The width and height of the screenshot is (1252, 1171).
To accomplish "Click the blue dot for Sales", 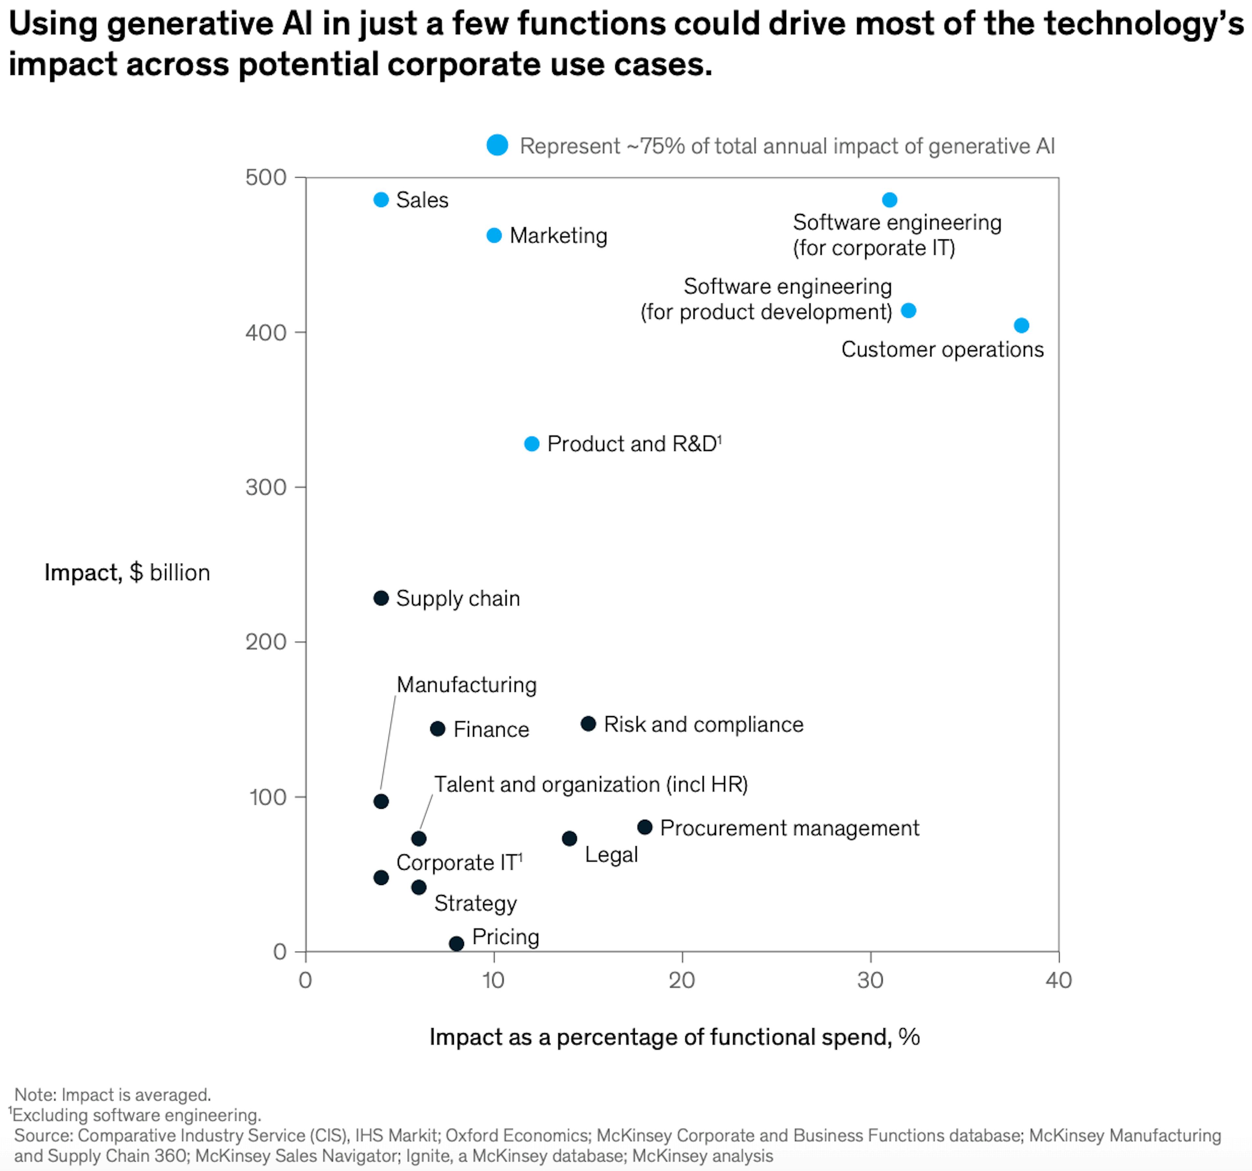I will [x=381, y=200].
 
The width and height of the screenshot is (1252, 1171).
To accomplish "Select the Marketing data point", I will [x=494, y=235].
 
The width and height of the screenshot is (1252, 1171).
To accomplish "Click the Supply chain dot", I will [x=381, y=598].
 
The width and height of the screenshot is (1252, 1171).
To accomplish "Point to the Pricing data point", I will [x=456, y=943].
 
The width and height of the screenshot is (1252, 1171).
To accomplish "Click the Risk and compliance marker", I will [x=588, y=724].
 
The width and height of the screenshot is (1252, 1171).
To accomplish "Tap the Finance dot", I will [x=438, y=729].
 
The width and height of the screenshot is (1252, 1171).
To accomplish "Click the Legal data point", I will [x=569, y=838].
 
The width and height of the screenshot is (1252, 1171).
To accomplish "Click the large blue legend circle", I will [x=498, y=145].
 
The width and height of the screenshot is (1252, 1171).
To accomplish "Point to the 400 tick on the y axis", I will [x=266, y=333].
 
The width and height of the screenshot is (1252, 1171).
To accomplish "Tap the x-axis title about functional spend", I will [x=675, y=1037].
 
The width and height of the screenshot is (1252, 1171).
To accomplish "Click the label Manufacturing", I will [x=467, y=685].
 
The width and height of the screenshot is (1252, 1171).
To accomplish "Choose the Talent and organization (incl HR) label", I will [x=591, y=784].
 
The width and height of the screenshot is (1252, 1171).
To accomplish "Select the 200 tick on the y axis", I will [x=266, y=642].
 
